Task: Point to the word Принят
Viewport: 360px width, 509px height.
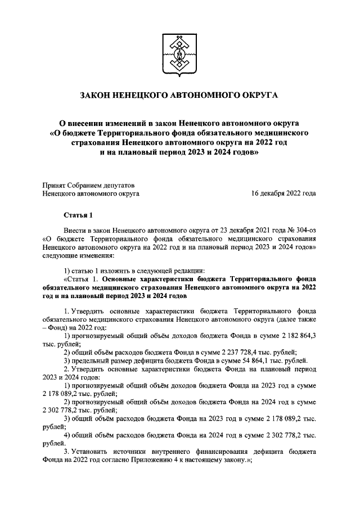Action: click(x=55, y=185)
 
